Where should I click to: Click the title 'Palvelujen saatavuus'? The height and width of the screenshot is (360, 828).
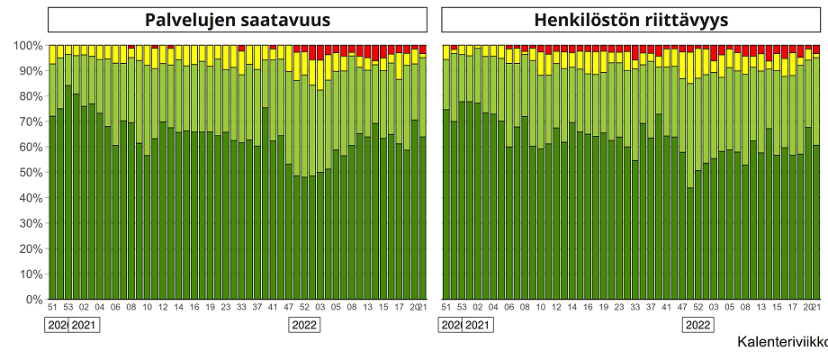tap(238, 20)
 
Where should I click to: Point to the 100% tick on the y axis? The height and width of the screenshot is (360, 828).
tap(27, 45)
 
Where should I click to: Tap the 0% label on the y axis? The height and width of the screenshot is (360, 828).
tap(32, 299)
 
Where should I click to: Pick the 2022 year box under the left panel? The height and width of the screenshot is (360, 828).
tap(304, 325)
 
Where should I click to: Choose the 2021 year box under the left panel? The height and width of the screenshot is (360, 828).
tap(84, 325)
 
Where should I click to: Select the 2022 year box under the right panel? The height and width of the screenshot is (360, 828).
tap(698, 325)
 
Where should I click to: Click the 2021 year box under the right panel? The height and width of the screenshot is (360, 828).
tap(478, 325)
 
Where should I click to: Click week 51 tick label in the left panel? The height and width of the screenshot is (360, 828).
tap(52, 308)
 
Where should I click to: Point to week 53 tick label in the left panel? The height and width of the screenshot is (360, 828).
tap(68, 308)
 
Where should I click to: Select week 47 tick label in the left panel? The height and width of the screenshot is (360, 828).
tap(288, 308)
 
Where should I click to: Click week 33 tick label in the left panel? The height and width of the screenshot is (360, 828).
tap(241, 308)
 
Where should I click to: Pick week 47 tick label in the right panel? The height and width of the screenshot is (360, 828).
tap(682, 308)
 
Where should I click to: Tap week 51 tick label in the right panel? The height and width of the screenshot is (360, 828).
tap(446, 308)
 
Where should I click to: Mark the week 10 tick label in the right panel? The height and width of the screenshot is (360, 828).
tap(541, 308)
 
